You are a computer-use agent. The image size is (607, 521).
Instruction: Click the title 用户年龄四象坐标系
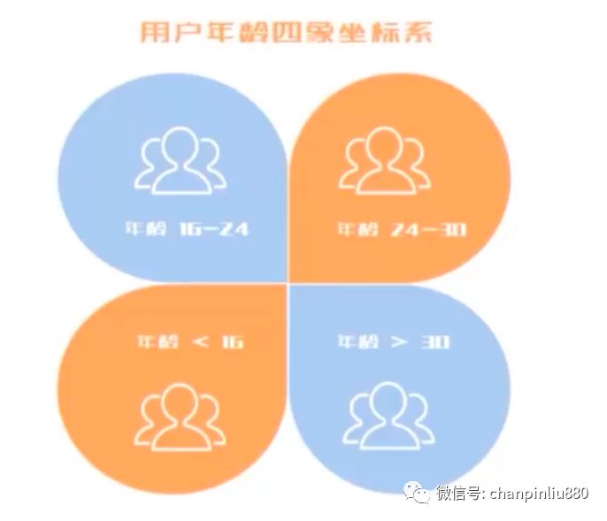(286, 33)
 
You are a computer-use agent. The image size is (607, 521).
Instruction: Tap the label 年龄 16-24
(187, 229)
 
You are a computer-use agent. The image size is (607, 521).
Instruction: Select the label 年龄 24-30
(401, 230)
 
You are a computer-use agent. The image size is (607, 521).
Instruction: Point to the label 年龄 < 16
(189, 341)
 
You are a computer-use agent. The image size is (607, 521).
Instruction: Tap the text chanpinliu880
(539, 493)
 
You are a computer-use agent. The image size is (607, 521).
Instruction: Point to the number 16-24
(214, 229)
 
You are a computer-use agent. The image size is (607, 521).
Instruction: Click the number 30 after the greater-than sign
(434, 341)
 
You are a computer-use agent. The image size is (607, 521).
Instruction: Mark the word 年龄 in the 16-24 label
(142, 229)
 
